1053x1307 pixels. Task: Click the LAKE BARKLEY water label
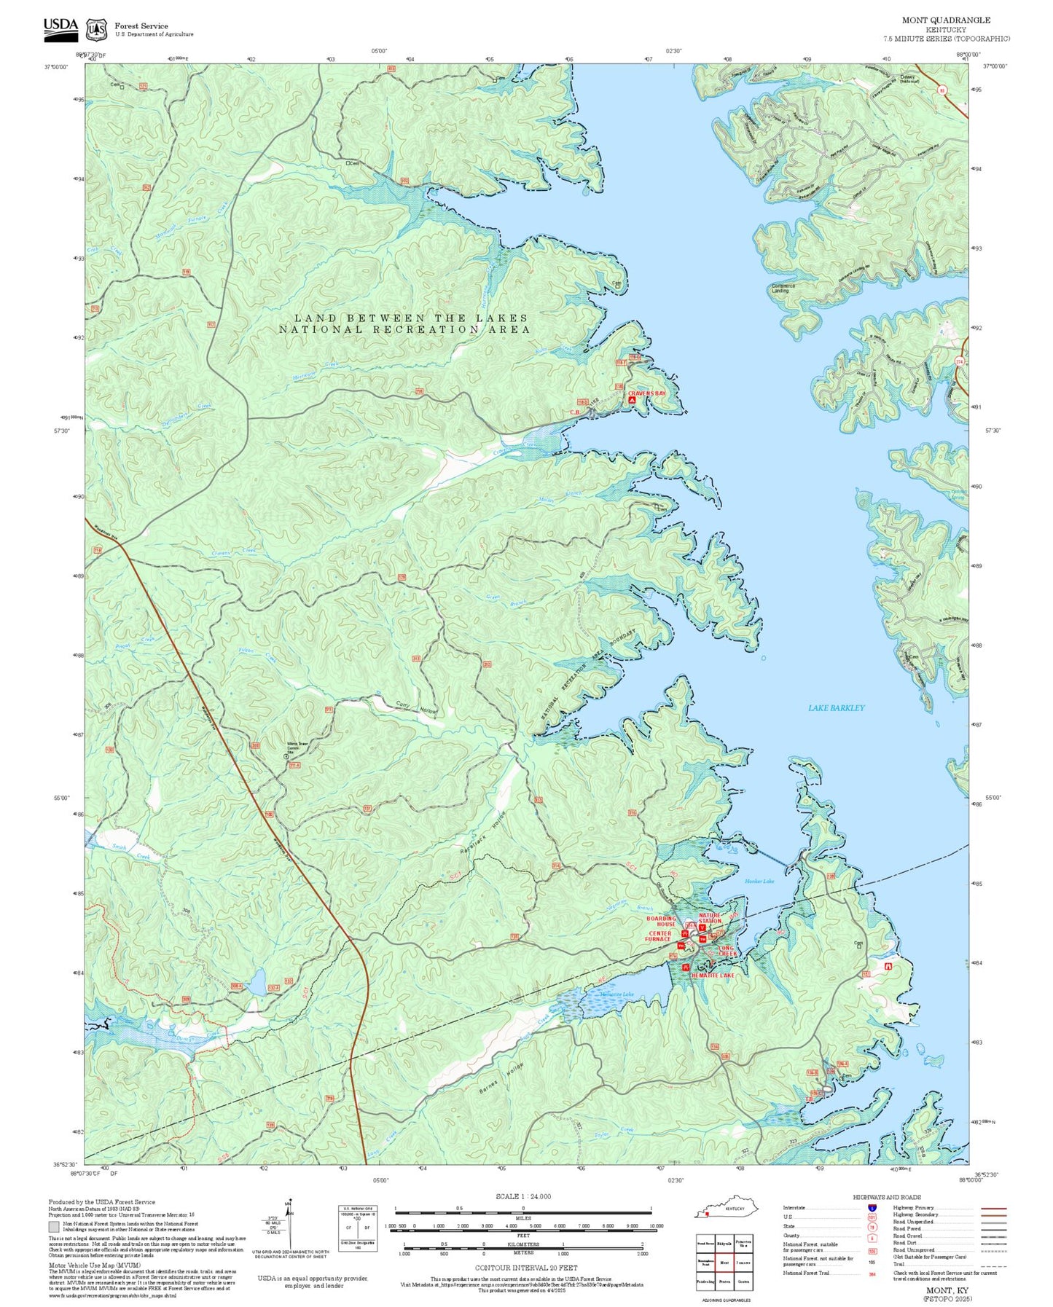click(x=836, y=707)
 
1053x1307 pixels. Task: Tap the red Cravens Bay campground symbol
click(x=632, y=400)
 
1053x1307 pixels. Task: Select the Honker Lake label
click(x=759, y=881)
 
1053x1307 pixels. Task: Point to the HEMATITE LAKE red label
click(x=713, y=975)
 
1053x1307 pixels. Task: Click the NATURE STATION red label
click(x=710, y=918)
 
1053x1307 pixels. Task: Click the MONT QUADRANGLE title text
click(x=946, y=20)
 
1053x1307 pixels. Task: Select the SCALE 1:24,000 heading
click(x=523, y=1196)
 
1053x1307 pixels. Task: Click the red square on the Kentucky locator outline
click(x=707, y=1214)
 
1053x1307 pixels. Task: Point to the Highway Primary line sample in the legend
click(x=993, y=1208)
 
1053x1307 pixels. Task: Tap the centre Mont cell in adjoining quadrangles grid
click(x=724, y=1263)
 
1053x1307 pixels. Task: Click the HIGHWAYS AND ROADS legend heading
click(x=887, y=1197)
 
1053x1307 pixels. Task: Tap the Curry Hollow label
click(x=416, y=707)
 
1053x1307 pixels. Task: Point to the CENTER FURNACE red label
click(x=658, y=936)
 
